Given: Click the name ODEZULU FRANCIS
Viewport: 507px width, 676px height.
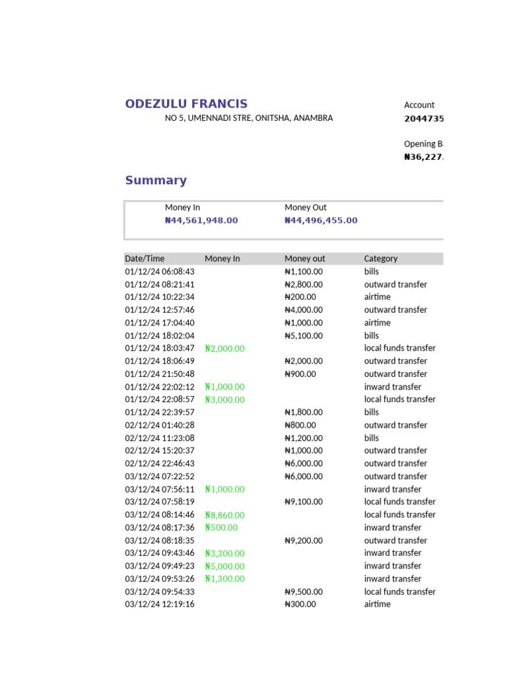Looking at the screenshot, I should [186, 104].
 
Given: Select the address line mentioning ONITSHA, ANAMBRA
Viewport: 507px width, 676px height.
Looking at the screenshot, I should [248, 118].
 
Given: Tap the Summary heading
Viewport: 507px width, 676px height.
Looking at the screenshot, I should [156, 180].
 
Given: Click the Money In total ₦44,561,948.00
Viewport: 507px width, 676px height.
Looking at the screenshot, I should [201, 220].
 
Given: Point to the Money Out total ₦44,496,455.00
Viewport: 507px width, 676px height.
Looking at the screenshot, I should [321, 220].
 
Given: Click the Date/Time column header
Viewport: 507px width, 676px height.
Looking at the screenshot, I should [145, 259].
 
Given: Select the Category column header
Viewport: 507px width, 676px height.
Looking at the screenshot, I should [381, 259].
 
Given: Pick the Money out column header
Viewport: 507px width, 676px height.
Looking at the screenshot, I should [305, 259].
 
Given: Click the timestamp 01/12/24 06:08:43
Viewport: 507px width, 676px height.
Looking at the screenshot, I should [160, 271].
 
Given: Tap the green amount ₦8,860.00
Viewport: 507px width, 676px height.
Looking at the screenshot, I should [224, 515].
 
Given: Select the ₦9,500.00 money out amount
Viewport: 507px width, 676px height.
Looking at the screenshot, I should [304, 592].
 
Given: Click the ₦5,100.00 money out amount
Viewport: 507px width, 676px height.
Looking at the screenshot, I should [304, 335].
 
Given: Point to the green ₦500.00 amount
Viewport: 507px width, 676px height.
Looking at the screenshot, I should [221, 527].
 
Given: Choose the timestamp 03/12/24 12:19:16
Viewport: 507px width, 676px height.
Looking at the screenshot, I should [160, 605].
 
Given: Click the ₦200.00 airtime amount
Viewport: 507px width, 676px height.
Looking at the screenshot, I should [300, 297].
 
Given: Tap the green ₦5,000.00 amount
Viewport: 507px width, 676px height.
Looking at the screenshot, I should [224, 566].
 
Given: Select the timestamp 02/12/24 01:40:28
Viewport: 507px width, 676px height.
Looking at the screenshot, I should [160, 425].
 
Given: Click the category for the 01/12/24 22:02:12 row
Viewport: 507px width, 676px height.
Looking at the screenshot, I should [393, 387].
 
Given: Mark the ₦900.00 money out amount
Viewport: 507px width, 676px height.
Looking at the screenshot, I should [300, 374].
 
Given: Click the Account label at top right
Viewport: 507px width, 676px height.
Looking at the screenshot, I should [419, 105].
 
